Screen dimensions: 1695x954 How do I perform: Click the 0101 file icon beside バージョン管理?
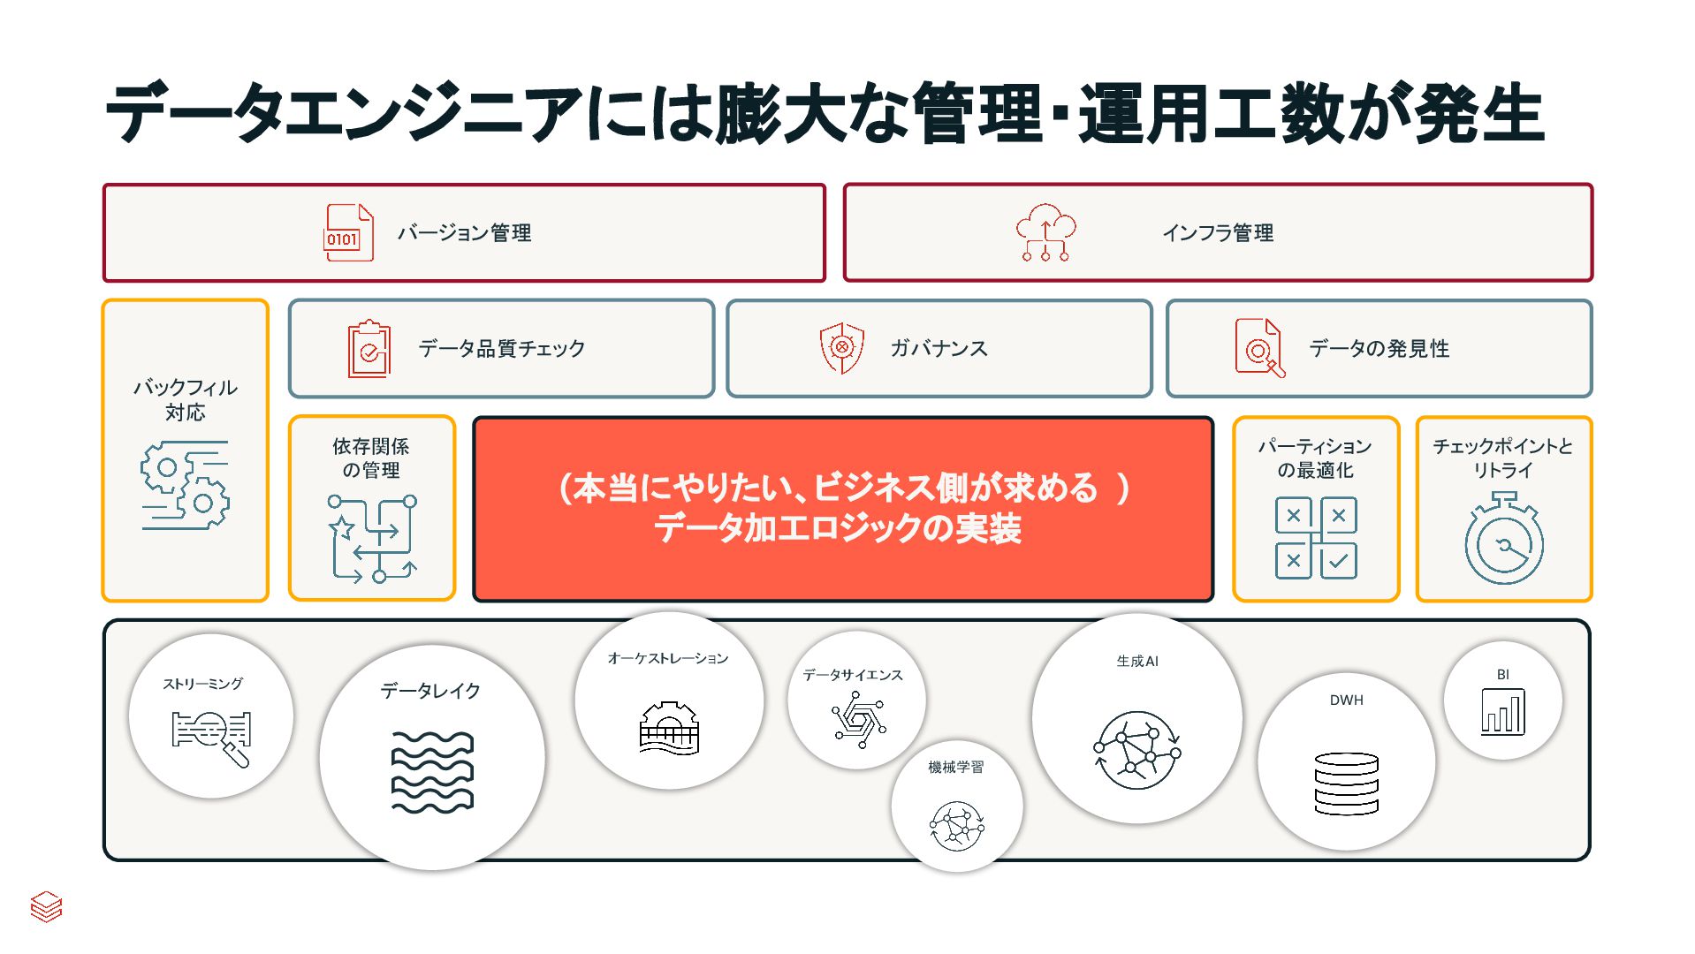[x=348, y=233]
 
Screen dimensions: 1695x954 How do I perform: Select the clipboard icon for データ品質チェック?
[x=369, y=349]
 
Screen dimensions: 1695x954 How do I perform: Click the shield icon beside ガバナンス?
[x=841, y=348]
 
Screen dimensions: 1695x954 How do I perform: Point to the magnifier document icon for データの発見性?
[x=1259, y=348]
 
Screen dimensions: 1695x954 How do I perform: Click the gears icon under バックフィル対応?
[x=185, y=485]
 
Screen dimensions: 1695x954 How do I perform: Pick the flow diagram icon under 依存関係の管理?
[x=372, y=539]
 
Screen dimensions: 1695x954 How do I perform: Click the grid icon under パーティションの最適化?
[x=1316, y=538]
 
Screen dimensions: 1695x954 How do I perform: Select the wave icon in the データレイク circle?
[x=432, y=772]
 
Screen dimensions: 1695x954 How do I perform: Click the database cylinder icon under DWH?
[x=1346, y=784]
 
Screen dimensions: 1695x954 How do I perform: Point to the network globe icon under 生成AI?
[x=1137, y=750]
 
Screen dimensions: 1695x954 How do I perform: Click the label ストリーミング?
[x=202, y=684]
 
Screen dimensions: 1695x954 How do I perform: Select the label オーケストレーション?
[x=668, y=658]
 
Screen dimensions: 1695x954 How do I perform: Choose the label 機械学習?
[x=955, y=767]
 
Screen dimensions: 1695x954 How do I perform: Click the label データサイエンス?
[x=853, y=675]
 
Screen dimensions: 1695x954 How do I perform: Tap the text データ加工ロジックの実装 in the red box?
[x=838, y=529]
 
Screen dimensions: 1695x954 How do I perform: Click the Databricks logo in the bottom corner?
[x=46, y=906]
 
